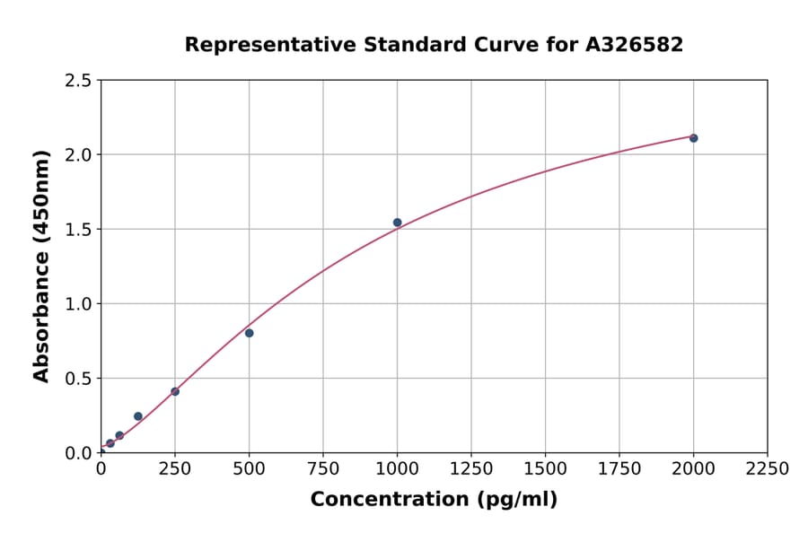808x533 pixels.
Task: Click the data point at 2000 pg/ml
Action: click(693, 138)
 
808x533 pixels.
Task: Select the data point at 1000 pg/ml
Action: click(397, 223)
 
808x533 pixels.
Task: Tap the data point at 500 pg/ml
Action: click(249, 333)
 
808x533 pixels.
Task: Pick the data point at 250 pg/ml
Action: click(175, 391)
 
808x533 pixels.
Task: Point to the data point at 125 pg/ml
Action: click(138, 416)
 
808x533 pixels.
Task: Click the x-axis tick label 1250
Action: click(471, 469)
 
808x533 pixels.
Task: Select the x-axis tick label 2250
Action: click(768, 469)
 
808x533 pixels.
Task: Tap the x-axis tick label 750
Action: click(323, 469)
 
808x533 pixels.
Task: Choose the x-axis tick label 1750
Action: click(619, 469)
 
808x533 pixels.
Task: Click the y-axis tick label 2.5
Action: click(79, 81)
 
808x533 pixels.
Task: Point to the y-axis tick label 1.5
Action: click(79, 230)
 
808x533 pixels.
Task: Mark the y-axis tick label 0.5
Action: click(79, 379)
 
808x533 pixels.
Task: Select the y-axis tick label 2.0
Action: click(79, 155)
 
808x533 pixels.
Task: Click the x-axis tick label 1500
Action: click(545, 469)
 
